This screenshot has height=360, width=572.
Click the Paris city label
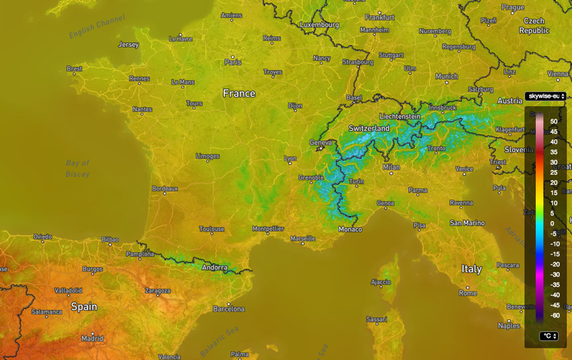[233, 62]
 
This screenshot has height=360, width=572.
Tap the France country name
[239, 93]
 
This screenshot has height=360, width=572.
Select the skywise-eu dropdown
[545, 96]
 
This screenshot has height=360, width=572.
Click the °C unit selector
[548, 336]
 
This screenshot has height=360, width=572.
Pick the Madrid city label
[92, 338]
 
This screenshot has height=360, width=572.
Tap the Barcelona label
[229, 309]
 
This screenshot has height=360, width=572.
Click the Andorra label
[214, 268]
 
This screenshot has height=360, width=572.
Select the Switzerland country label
[369, 128]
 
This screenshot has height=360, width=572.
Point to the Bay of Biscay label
[78, 168]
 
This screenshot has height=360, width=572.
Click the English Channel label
[97, 26]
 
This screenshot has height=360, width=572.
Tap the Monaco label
[350, 229]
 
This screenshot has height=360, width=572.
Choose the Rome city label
[468, 293]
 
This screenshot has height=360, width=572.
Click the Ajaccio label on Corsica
[381, 282]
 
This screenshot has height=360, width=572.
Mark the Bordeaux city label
[165, 189]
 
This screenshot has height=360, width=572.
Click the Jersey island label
[128, 45]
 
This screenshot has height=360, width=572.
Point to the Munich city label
[446, 76]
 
